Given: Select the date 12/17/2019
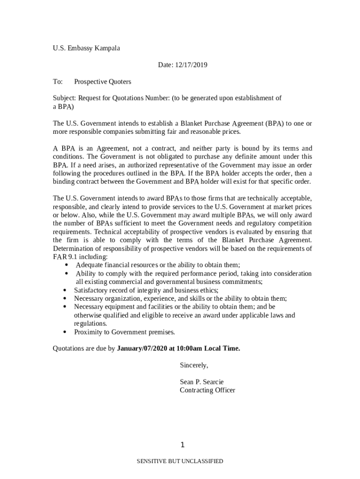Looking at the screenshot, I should [x=191, y=65].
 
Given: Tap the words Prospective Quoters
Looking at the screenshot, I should [x=102, y=82].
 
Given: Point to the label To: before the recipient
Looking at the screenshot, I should [x=58, y=82].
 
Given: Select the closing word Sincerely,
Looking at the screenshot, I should [x=194, y=365].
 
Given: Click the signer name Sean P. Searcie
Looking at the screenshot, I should [x=202, y=382].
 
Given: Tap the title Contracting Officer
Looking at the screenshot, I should [x=207, y=390].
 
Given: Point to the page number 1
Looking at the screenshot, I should [x=182, y=445].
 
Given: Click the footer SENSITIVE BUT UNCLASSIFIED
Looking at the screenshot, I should [x=180, y=461].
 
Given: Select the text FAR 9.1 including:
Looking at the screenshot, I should [x=80, y=257].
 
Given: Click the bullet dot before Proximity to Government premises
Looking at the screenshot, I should [x=65, y=332].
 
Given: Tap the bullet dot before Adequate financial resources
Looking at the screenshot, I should [x=66, y=265].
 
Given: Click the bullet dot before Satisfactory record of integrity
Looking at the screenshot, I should [x=65, y=290].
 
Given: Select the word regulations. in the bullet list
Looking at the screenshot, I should [x=90, y=324].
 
